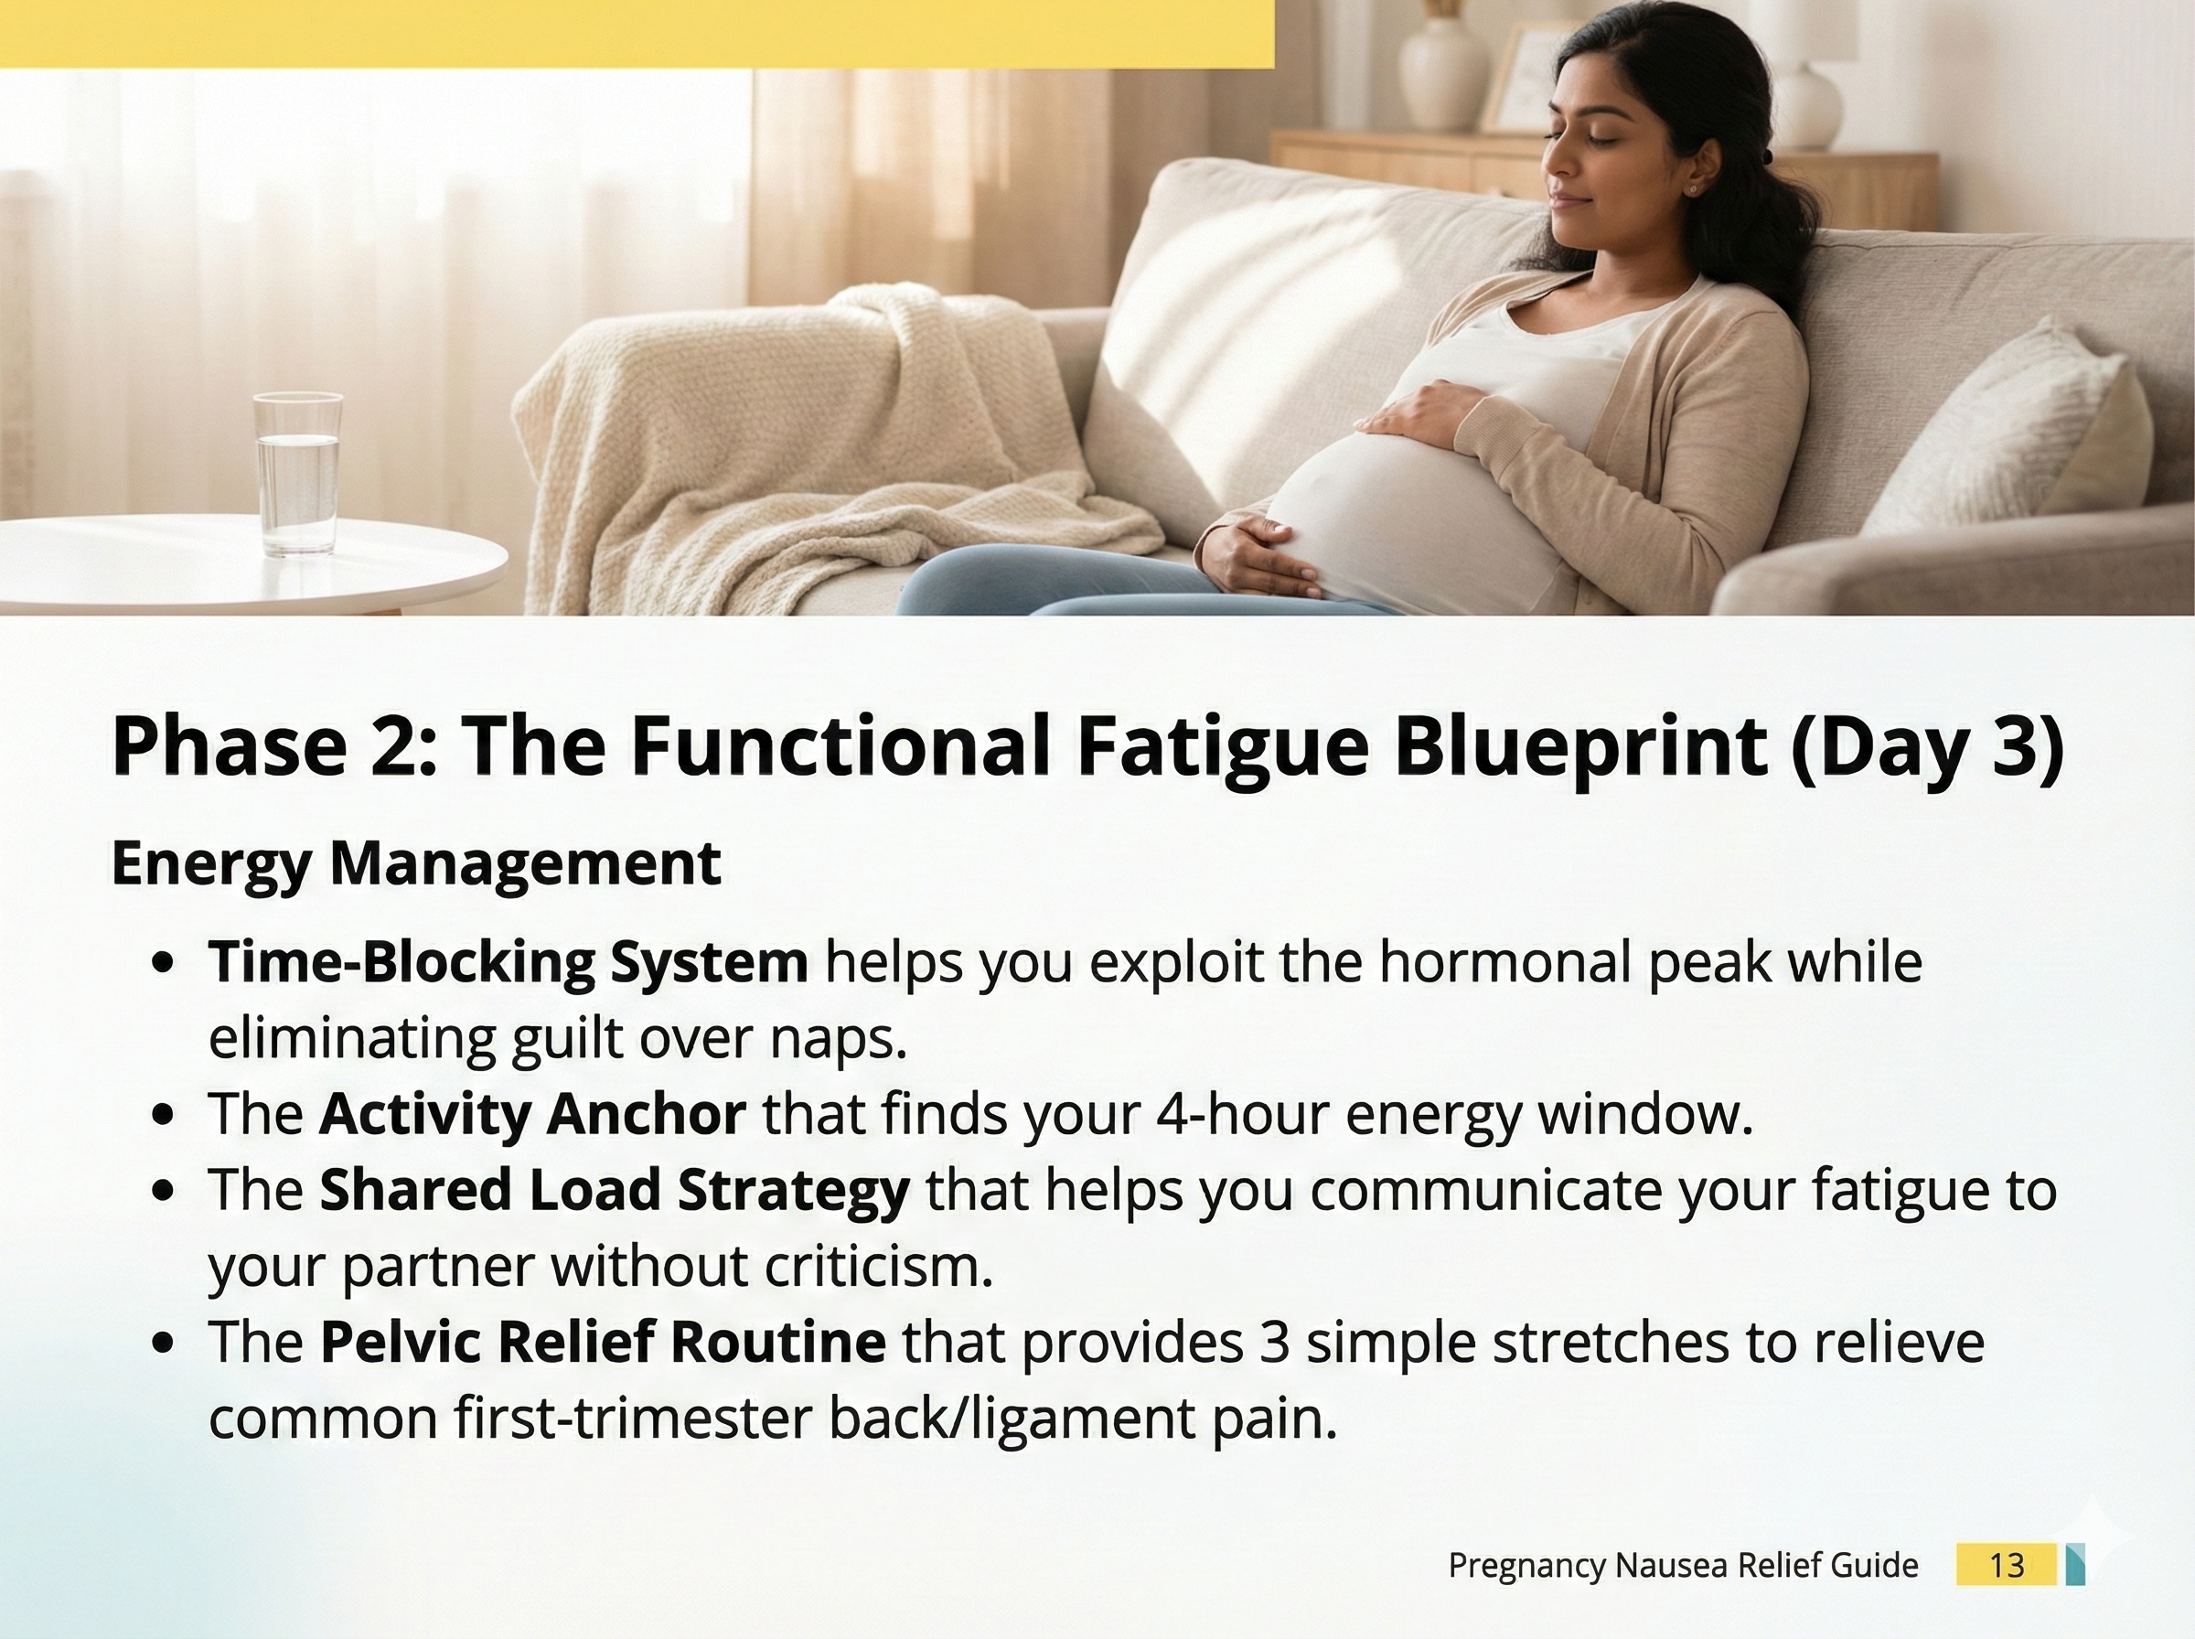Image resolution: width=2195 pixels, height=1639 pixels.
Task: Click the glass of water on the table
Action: click(297, 473)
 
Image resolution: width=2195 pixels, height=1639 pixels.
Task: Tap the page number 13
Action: click(2006, 1565)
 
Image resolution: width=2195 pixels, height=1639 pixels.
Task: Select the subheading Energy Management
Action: click(415, 863)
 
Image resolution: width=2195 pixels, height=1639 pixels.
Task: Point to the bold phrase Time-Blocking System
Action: click(508, 962)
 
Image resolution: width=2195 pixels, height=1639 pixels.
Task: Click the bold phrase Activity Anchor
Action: click(532, 1114)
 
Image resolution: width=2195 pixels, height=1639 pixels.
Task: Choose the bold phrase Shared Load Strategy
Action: click(614, 1191)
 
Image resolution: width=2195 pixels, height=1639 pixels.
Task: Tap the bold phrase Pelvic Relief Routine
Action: click(603, 1343)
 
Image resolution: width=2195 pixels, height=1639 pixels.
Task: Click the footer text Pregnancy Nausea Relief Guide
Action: click(1683, 1566)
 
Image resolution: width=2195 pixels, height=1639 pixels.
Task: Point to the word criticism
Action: click(879, 1267)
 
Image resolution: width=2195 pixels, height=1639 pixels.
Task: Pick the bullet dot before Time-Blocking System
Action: click(166, 963)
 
